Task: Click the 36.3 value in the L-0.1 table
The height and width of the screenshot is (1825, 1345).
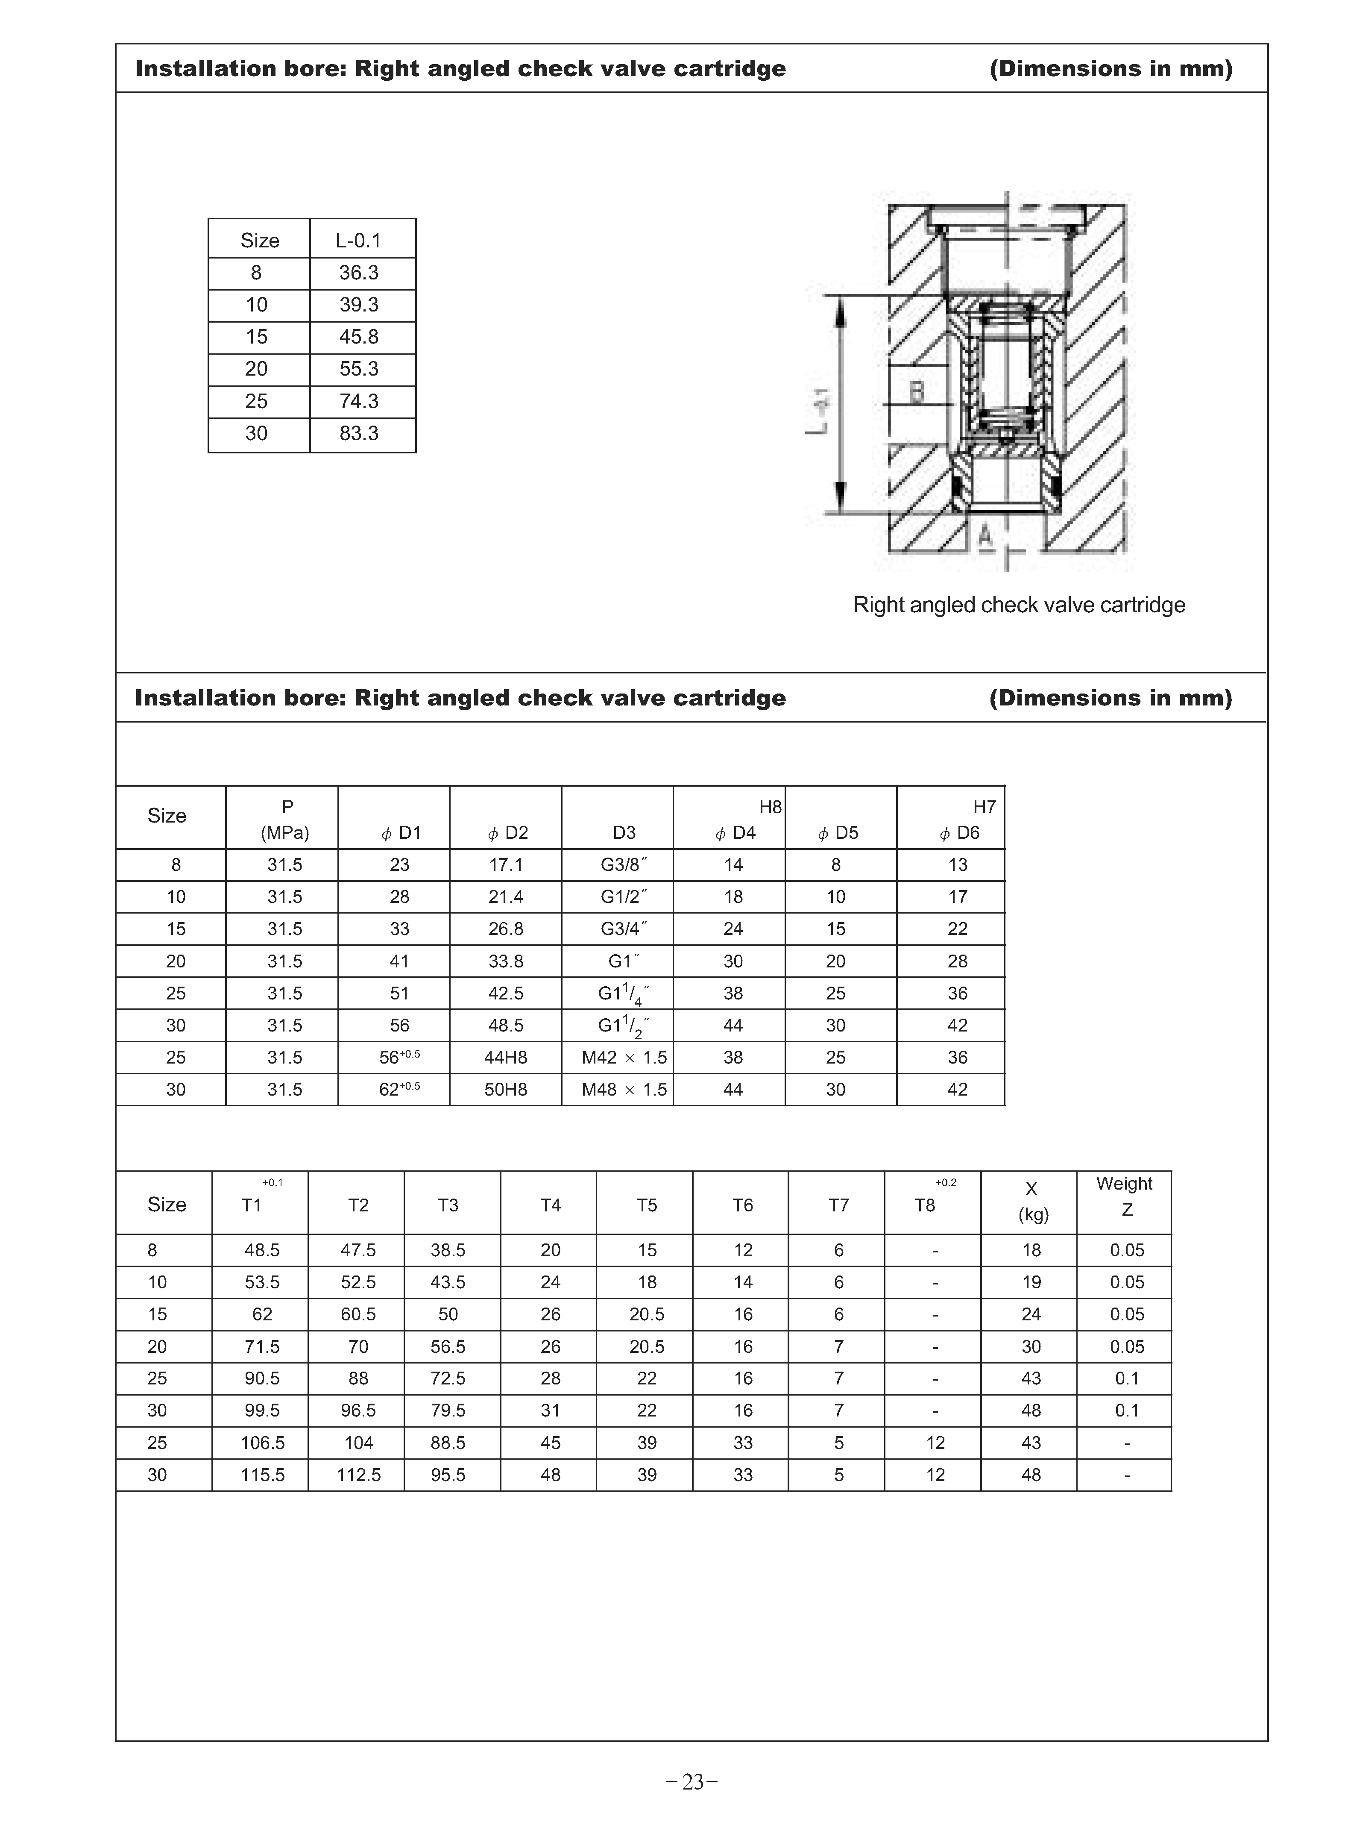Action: [358, 273]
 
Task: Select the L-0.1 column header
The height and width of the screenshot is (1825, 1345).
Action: [358, 240]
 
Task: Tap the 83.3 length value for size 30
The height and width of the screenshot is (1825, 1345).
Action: [358, 433]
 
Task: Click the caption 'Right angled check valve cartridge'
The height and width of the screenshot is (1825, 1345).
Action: [1019, 605]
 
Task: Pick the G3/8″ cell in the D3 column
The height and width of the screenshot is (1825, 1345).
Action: [624, 865]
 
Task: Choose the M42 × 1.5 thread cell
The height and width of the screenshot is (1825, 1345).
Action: [624, 1058]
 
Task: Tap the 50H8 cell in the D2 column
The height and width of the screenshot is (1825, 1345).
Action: [506, 1090]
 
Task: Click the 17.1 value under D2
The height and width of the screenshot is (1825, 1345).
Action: [506, 865]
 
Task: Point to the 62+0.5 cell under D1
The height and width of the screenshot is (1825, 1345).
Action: [399, 1090]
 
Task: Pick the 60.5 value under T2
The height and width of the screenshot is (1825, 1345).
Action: [358, 1314]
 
